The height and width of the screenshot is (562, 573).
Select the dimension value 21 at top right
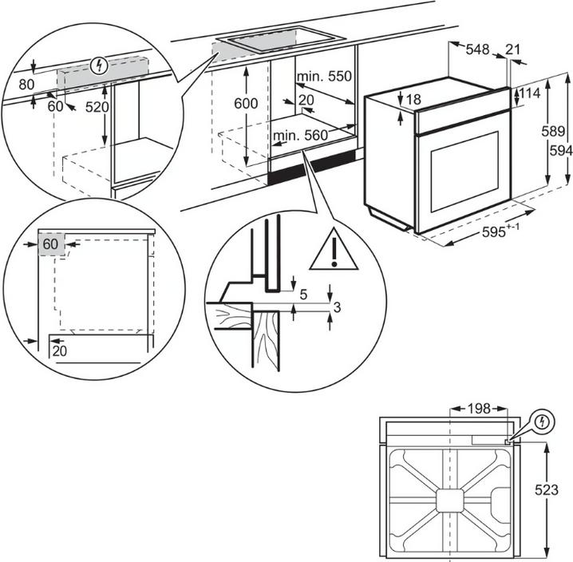pyautogui.click(x=512, y=49)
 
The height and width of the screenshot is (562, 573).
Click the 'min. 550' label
pyautogui.click(x=323, y=77)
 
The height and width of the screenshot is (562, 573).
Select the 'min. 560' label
pyautogui.click(x=300, y=137)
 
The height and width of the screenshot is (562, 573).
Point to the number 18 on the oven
pyautogui.click(x=412, y=100)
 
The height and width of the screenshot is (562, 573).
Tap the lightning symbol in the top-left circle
pyautogui.click(x=99, y=65)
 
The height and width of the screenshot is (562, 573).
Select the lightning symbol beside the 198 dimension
pyautogui.click(x=540, y=420)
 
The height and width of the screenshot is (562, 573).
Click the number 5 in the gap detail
pyautogui.click(x=303, y=294)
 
